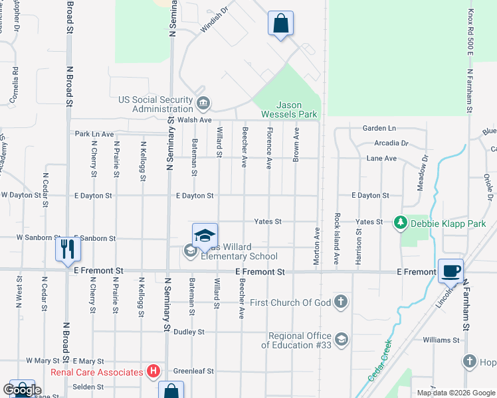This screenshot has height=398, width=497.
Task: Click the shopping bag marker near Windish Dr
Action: click(x=280, y=23)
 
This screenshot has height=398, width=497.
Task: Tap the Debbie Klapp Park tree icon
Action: click(x=400, y=224)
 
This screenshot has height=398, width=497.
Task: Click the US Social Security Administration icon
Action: click(x=203, y=102)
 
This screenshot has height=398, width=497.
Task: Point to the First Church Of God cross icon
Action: click(x=340, y=302)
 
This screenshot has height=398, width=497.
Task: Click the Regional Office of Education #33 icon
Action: click(x=341, y=340)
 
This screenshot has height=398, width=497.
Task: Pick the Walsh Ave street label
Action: click(x=195, y=120)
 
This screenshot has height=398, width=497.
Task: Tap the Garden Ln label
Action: click(x=379, y=128)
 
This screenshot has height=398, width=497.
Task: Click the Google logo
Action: click(x=22, y=389)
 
